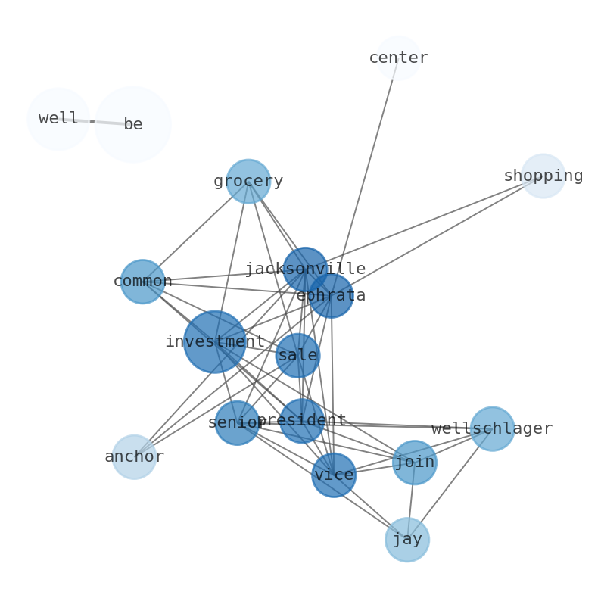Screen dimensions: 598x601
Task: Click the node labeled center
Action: [x=398, y=58]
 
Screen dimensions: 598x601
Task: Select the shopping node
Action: [x=543, y=176]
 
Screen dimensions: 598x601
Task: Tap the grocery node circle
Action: [x=248, y=182]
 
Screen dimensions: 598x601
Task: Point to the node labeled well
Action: [x=58, y=119]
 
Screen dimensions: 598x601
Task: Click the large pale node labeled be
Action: [x=133, y=124]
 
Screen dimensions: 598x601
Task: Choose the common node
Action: [x=142, y=282]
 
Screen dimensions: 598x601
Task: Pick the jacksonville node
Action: [x=305, y=269]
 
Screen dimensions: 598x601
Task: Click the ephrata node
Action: [x=331, y=295]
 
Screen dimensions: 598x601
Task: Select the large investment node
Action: [x=215, y=341]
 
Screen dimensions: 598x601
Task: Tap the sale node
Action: [x=297, y=355]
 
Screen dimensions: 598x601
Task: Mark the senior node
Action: [x=237, y=422]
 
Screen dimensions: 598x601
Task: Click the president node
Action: [x=302, y=421]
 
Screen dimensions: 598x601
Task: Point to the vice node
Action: [x=334, y=475]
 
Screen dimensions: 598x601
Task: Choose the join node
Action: [x=415, y=462]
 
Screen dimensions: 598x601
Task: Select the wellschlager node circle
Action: [x=492, y=428]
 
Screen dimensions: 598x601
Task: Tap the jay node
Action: [x=407, y=540]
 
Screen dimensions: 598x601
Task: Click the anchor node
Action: [x=134, y=457]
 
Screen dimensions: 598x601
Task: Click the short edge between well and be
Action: [x=93, y=121]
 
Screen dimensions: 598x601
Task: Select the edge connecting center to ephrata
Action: [x=371, y=151]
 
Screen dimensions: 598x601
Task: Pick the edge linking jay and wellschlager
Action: [x=450, y=484]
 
